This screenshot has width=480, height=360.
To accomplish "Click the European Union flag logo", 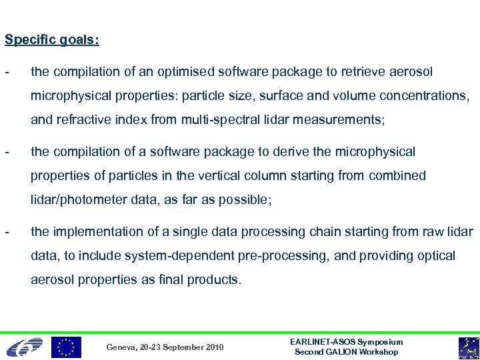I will (x=67, y=347).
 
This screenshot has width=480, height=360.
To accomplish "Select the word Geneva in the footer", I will (x=121, y=347).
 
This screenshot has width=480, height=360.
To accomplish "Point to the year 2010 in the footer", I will (x=214, y=347).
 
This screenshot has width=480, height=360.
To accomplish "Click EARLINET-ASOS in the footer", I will (x=323, y=342).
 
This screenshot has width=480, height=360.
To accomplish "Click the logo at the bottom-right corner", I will (x=468, y=347).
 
